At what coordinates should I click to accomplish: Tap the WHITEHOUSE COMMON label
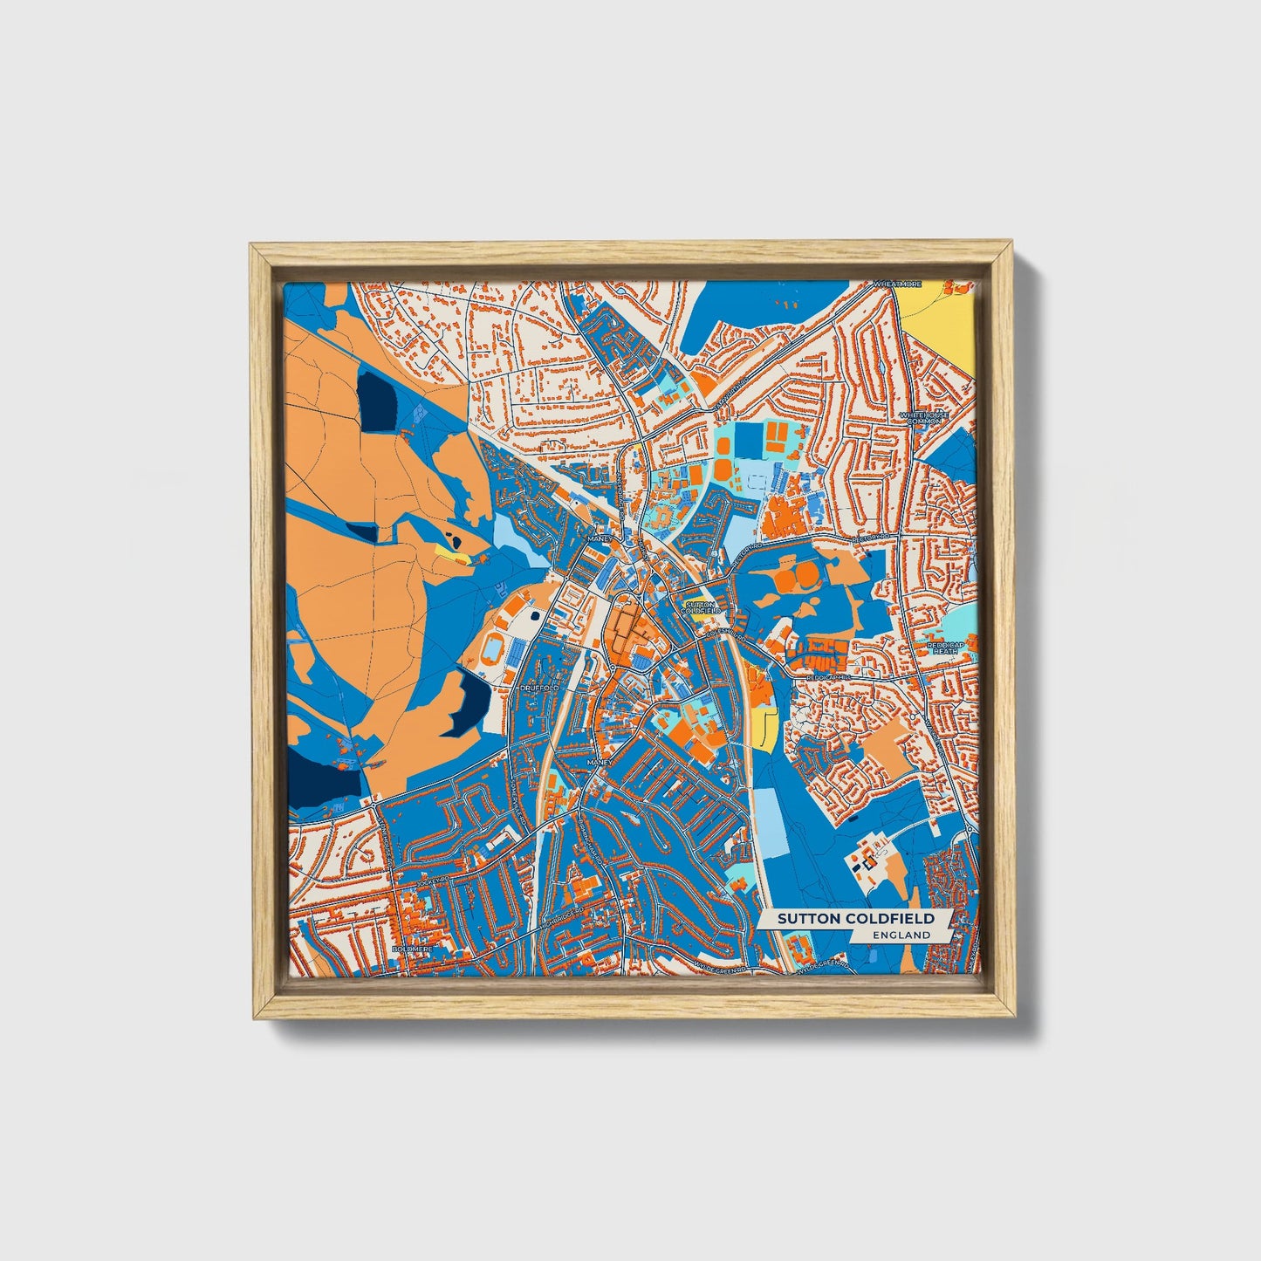923,418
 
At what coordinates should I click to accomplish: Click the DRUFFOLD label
538,689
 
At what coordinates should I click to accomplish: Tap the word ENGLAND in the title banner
901,935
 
